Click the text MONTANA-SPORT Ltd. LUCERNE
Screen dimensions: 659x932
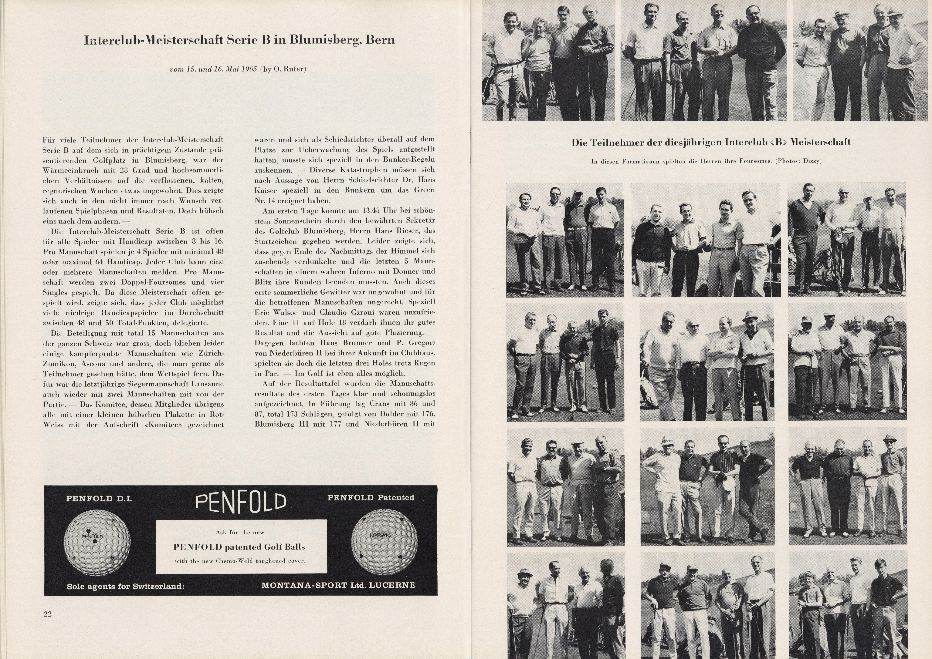click(339, 585)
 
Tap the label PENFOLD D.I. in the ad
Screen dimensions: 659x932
click(99, 499)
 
